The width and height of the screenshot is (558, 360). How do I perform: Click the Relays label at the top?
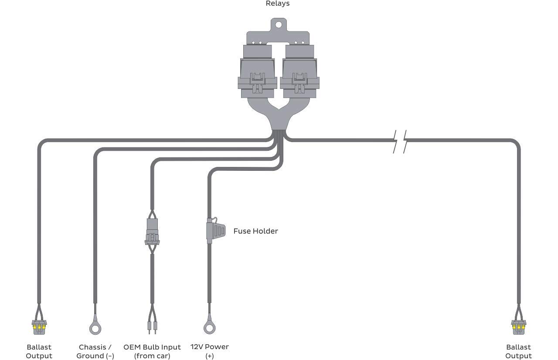pos(278,4)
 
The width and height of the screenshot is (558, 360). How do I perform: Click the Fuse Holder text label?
pos(255,231)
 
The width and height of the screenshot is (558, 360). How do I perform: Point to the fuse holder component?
pos(216,230)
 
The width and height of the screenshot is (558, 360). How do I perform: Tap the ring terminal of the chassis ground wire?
pos(95,327)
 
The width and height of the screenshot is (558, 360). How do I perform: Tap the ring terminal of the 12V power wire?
pos(209,327)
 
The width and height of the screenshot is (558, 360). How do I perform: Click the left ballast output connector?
pos(39,327)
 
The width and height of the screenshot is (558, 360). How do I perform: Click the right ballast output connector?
pos(518,327)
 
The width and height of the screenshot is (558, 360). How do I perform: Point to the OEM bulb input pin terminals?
pos(152,327)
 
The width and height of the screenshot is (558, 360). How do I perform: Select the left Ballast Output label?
pos(39,351)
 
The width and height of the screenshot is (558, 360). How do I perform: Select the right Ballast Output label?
pos(518,351)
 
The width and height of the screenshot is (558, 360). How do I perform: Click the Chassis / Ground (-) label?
pos(95,351)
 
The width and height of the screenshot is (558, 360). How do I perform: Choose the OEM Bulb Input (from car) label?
pos(152,351)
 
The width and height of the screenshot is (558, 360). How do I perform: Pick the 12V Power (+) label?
pos(209,351)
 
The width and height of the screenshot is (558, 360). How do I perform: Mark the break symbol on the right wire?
pos(400,141)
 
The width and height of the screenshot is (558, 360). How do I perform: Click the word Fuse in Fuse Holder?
pos(242,231)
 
